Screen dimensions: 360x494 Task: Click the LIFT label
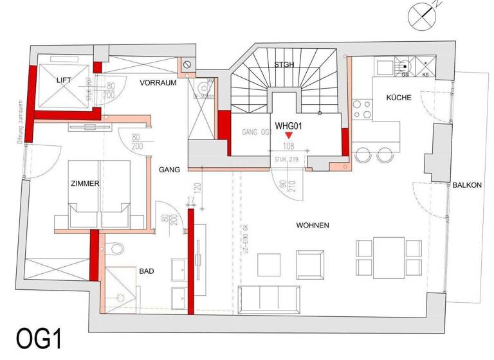point(64,80)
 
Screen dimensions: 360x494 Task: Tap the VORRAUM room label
point(158,82)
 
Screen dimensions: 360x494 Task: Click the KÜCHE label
point(399,98)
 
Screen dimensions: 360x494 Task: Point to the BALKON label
point(467,184)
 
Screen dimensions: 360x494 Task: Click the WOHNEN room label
point(313,226)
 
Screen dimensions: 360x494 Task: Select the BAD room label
point(147,272)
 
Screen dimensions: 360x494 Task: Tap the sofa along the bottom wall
point(268,298)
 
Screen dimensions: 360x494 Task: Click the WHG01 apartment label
point(289,126)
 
